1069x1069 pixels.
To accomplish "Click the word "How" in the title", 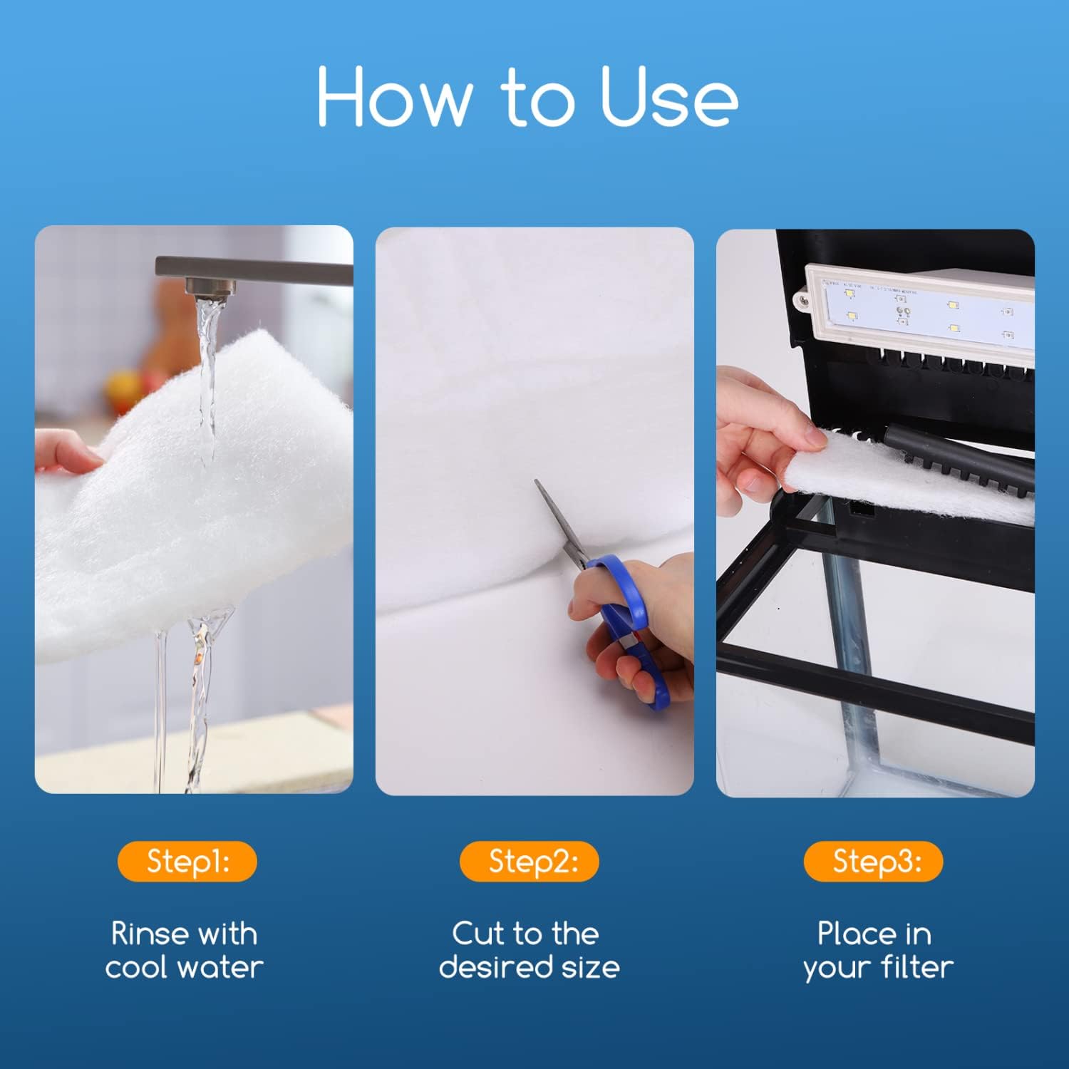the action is (394, 96).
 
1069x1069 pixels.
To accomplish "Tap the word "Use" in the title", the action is (669, 96).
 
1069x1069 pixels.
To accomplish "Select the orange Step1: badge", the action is (187, 861).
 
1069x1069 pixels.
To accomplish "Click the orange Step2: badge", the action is (530, 861).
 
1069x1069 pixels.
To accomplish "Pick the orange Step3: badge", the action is (874, 861).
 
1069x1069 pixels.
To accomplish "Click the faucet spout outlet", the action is (210, 288).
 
